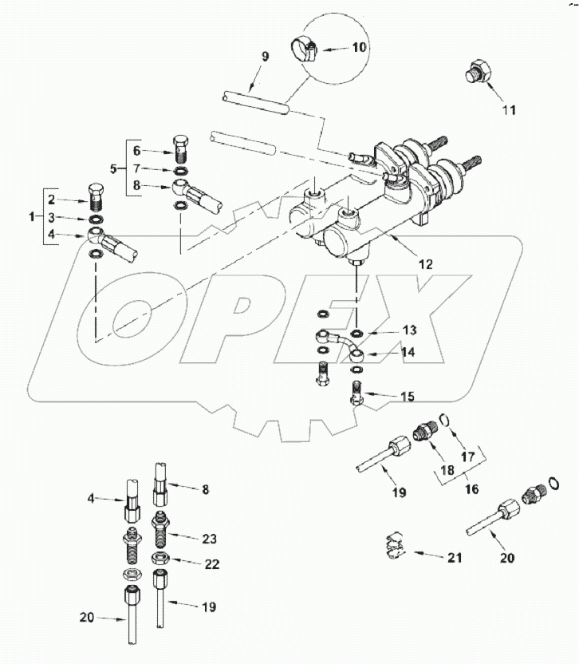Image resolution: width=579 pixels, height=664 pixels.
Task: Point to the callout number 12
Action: (x=427, y=263)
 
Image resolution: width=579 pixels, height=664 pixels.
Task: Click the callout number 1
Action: (x=32, y=218)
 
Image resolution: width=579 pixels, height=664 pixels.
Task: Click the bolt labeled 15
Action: (x=358, y=393)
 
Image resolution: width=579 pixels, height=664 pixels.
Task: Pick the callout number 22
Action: (x=211, y=563)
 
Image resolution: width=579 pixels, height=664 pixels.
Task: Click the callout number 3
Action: (x=50, y=218)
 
